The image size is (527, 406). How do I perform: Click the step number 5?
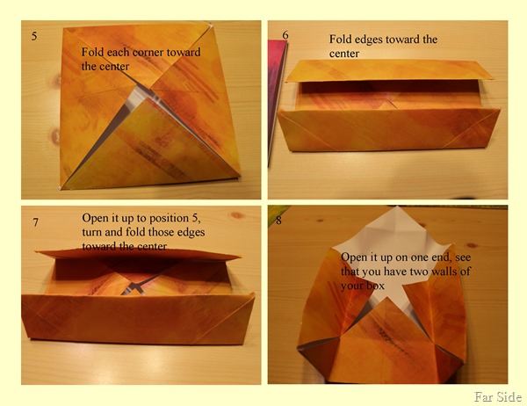[x=34, y=36]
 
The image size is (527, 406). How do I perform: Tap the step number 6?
[x=285, y=35]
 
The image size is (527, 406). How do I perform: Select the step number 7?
[x=35, y=222]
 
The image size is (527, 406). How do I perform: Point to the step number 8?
[x=278, y=221]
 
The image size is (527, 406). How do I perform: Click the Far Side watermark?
[x=498, y=396]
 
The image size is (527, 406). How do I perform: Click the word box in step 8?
[x=376, y=286]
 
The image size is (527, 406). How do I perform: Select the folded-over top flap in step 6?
[x=389, y=69]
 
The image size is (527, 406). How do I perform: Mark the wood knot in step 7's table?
[x=237, y=215]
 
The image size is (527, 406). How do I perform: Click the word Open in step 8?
[x=354, y=257]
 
